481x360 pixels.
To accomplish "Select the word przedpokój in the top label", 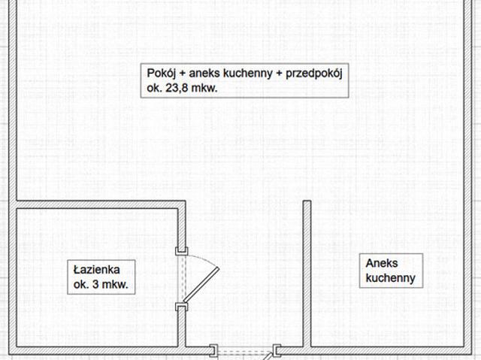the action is (314, 74).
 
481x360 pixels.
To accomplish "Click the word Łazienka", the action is (97, 270).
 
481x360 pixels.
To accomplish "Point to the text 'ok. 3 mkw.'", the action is (101, 284).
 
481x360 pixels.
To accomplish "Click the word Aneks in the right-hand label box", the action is (382, 263).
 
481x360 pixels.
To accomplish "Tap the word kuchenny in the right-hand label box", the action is (391, 278).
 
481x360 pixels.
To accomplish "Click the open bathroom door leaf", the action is (201, 284).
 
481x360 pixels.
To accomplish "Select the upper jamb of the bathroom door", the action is (182, 251).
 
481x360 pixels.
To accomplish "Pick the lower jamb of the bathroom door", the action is (182, 307).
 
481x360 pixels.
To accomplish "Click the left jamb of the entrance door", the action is (213, 350).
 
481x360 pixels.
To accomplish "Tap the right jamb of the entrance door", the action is (277, 350).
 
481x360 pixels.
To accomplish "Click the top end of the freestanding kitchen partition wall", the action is (307, 201).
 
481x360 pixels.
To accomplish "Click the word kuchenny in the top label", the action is (248, 74).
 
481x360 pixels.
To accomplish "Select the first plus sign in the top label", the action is (183, 74).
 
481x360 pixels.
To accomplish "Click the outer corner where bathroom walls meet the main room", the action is (186, 201).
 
